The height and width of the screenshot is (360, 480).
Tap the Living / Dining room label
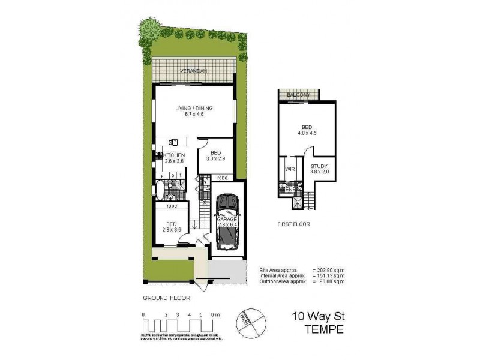194,109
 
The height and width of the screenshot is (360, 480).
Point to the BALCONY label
298,95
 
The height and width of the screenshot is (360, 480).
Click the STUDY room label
319,166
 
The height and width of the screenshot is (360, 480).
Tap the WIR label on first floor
289,170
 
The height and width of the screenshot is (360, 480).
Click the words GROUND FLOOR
167,298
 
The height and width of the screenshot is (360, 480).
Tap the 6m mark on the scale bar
215,314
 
